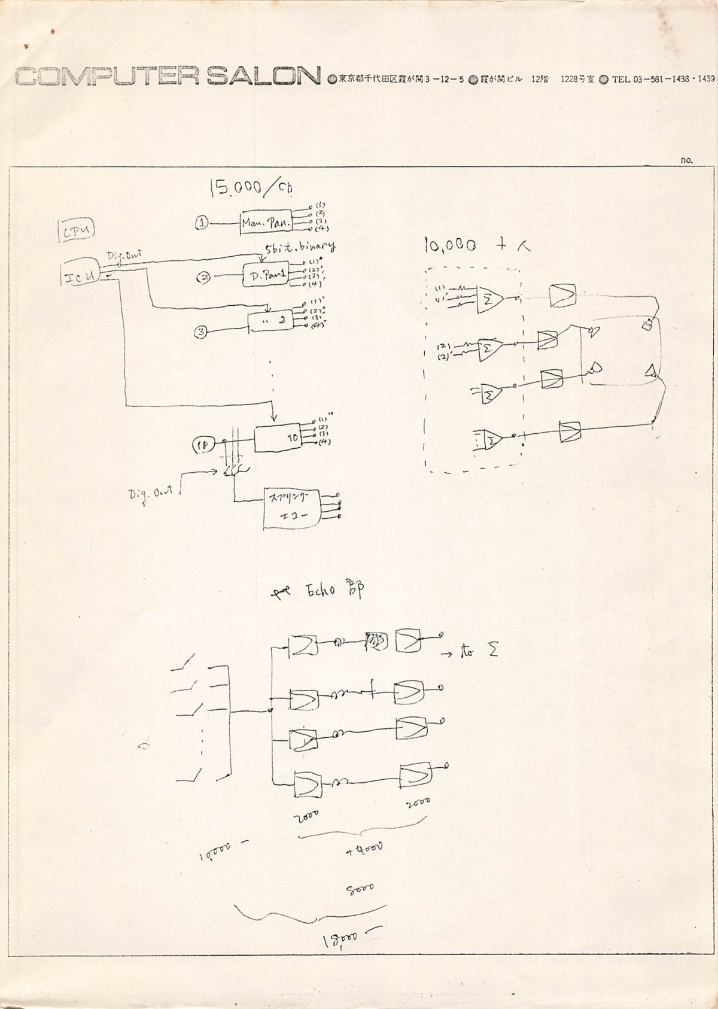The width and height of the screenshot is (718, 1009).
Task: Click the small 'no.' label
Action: (686, 160)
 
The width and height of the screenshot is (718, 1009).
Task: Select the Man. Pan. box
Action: (266, 222)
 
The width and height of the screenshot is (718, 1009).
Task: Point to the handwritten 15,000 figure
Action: (236, 188)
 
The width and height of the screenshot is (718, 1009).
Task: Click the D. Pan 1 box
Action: (266, 276)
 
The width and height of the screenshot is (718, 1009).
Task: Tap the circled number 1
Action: (202, 223)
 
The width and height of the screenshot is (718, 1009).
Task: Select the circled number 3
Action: (202, 332)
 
